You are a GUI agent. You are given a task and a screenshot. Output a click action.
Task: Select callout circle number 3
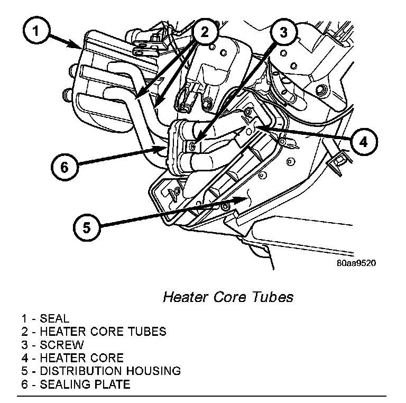[x=283, y=32]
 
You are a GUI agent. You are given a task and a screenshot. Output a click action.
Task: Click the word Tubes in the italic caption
[x=274, y=297]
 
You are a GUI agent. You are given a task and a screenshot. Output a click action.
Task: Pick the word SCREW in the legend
[x=62, y=345]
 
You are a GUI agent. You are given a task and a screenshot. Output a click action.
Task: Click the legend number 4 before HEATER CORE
[x=25, y=358]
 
